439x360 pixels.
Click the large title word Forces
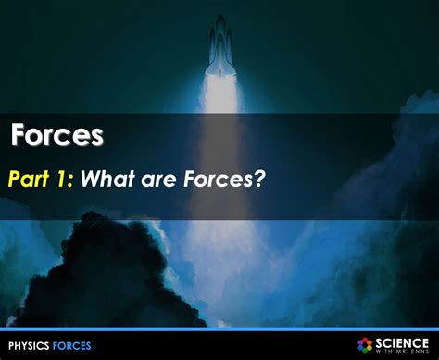coord(56,136)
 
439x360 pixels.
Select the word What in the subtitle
coord(107,178)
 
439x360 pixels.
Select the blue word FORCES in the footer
coord(71,345)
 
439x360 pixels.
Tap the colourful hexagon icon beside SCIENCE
coord(365,344)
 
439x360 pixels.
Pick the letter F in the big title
coord(18,136)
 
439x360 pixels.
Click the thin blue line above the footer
coord(219,329)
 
